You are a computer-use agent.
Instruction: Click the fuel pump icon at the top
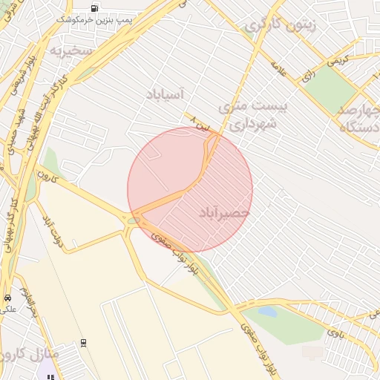94,8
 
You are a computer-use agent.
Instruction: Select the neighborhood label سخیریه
71,51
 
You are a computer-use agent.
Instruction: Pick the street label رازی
307,75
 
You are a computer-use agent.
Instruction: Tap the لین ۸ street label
200,123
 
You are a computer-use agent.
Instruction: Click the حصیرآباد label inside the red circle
224,213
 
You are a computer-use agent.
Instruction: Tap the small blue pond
268,311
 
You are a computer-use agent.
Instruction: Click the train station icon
84,343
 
